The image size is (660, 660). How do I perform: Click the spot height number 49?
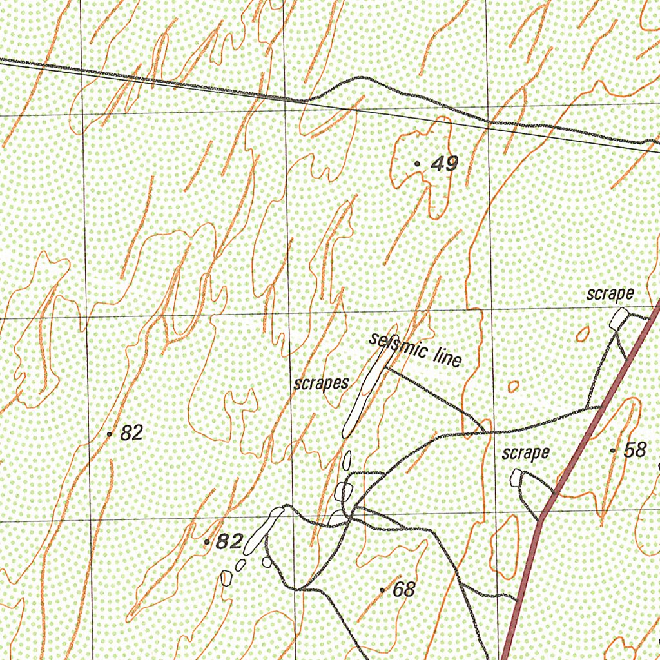[445, 164]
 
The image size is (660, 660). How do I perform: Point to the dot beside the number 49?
[418, 164]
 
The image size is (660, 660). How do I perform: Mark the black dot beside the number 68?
[382, 590]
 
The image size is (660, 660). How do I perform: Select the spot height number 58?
[635, 450]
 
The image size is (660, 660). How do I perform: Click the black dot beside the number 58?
[612, 451]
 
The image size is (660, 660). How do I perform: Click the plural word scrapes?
[321, 383]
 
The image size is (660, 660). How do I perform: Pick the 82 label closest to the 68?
[229, 542]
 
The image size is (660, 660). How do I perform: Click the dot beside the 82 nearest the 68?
[207, 542]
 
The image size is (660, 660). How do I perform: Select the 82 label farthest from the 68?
[131, 433]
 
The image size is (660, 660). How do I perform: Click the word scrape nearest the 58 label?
[526, 453]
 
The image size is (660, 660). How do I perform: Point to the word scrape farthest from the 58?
[610, 295]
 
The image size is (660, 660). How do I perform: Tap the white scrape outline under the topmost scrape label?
[619, 318]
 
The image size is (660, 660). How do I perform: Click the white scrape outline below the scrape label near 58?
[516, 478]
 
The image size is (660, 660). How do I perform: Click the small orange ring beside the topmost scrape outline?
[583, 333]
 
